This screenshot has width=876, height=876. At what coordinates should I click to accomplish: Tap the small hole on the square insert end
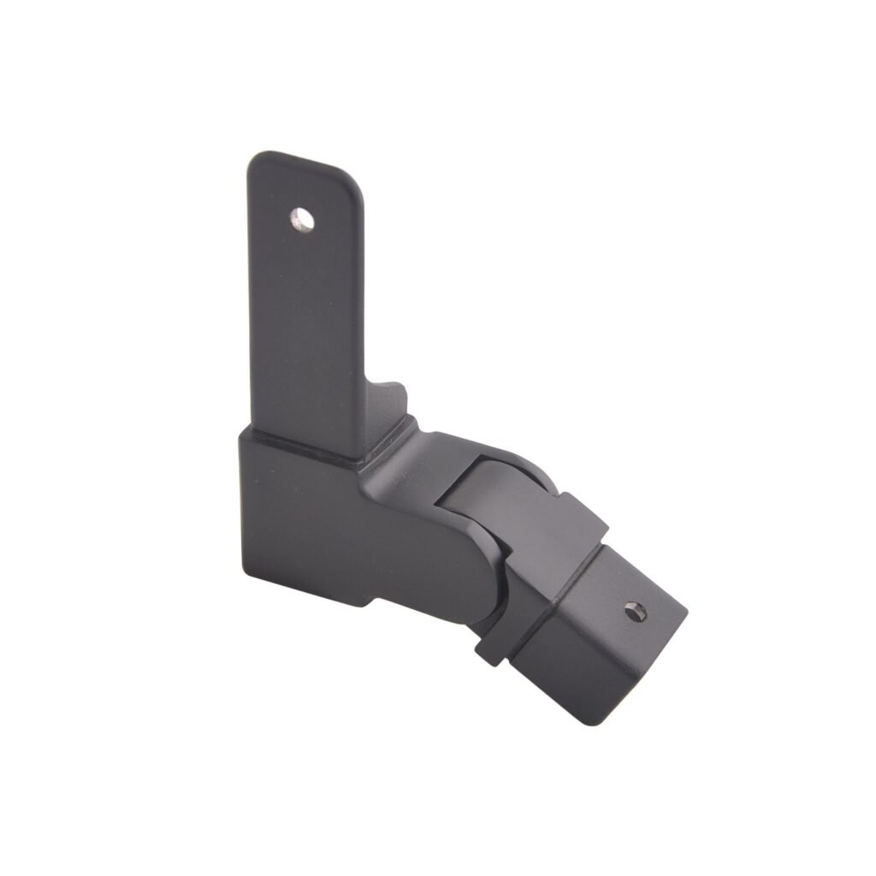tap(635, 611)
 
